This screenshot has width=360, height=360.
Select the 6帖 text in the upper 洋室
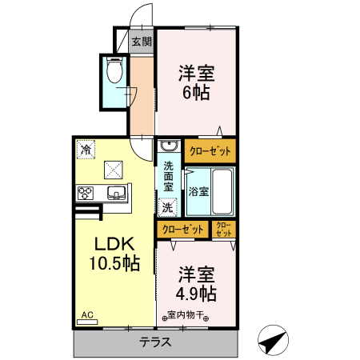coord(195,92)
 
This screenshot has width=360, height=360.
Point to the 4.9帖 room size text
coord(196,292)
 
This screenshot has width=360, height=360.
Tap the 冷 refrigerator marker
coord(85,148)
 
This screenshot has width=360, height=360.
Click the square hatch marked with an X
coord(114,170)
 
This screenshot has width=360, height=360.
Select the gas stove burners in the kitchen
coord(86,193)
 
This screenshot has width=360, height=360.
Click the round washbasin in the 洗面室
coord(168,146)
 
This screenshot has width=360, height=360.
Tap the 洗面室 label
coord(169,176)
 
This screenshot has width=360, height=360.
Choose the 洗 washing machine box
coord(168,207)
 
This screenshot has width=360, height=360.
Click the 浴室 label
coord(198,192)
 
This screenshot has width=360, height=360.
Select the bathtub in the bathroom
coord(222,191)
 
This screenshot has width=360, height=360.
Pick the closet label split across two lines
coord(223,230)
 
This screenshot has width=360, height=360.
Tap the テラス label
coord(157,342)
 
